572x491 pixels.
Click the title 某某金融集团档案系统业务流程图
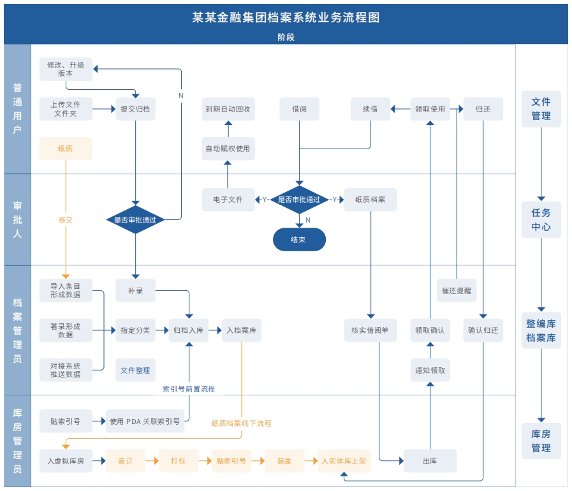(286, 17)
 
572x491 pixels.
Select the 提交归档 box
(135, 109)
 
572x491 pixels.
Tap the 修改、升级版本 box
(66, 69)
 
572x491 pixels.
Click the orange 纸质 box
(66, 149)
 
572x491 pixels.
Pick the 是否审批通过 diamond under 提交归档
(135, 219)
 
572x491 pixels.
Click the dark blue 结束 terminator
(299, 240)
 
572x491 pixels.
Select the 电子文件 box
(228, 200)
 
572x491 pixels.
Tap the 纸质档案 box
(370, 200)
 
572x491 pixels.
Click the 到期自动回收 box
(228, 109)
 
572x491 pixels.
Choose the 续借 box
(370, 109)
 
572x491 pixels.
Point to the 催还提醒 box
(457, 290)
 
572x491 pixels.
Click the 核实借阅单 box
(370, 330)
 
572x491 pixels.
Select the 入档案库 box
(242, 330)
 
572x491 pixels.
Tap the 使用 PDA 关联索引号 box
(145, 421)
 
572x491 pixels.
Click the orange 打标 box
(178, 460)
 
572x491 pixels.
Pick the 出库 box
(430, 460)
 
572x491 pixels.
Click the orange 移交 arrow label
(66, 219)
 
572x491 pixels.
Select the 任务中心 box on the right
(541, 219)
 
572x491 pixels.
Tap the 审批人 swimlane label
(17, 219)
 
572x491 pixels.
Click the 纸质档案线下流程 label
(242, 423)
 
